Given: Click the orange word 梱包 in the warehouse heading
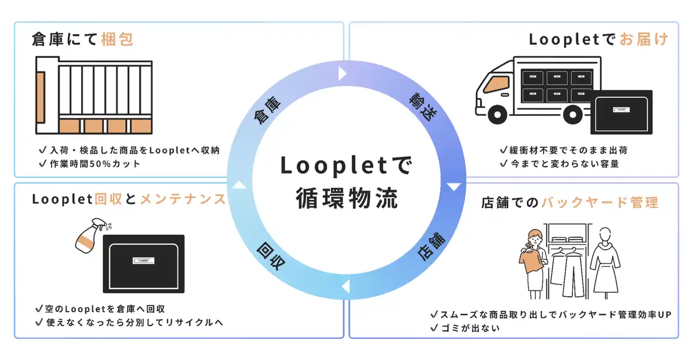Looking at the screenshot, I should pos(117,40).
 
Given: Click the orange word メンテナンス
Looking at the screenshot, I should pos(183,199).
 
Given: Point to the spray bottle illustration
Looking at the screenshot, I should pos(88,239).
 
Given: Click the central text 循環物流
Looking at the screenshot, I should pos(346,198).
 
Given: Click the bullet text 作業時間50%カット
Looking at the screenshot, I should pos(94,163).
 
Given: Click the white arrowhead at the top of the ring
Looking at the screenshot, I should pos(342,73).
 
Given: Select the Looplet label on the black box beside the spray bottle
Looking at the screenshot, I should pos(143,260).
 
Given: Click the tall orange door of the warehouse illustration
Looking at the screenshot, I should pos(41,98).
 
